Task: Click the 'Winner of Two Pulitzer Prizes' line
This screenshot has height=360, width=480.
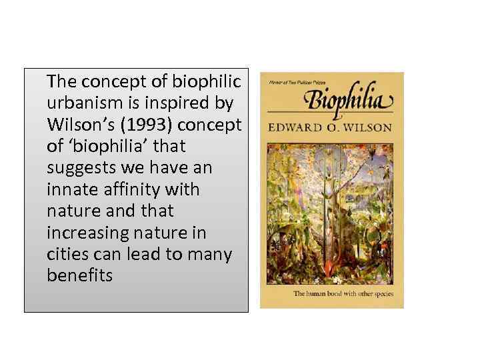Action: point(294,82)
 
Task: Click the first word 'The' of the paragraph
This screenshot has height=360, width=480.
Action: point(61,81)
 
